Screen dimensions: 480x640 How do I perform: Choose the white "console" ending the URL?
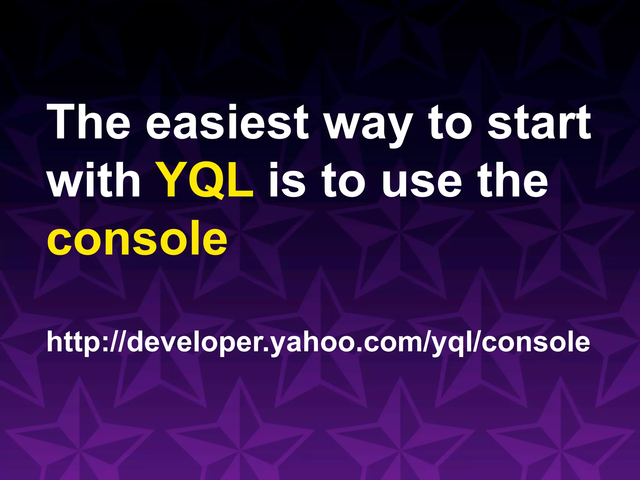(536, 342)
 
